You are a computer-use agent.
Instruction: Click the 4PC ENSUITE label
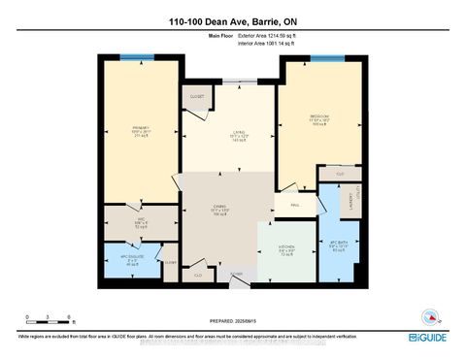point(131,259)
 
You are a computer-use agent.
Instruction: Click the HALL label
point(294,206)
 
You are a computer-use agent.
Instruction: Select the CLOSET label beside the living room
point(199,97)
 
